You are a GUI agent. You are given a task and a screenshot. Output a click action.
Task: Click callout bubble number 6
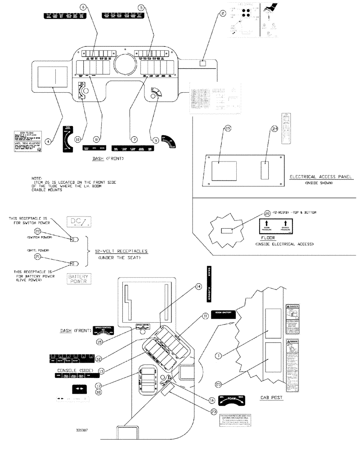point(82,7)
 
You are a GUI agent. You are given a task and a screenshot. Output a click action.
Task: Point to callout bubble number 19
point(228,128)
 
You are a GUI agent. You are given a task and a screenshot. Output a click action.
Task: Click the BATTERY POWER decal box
point(76,279)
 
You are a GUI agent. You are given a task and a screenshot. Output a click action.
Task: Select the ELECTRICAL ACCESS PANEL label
point(320,177)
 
